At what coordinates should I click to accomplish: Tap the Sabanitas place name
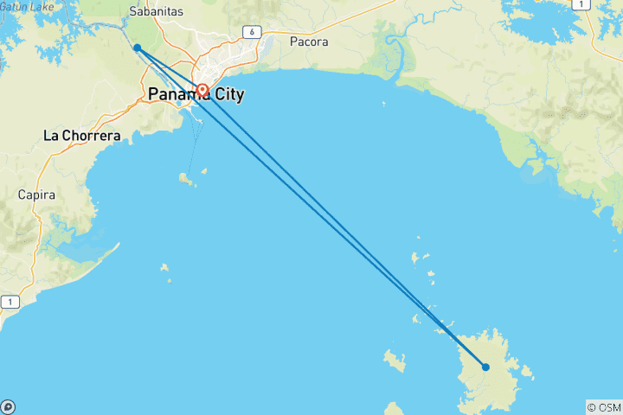tap(154, 12)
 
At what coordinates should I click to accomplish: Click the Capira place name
tap(36, 195)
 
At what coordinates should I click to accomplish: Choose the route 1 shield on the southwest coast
tap(10, 302)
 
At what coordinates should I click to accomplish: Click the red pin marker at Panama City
tap(202, 90)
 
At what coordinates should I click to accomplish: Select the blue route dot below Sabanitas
tap(137, 48)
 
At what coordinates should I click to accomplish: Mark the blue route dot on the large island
tap(485, 367)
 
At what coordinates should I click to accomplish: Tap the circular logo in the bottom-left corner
tap(8, 406)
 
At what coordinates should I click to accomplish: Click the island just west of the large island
tap(395, 360)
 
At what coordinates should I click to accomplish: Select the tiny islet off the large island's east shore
tap(528, 375)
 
